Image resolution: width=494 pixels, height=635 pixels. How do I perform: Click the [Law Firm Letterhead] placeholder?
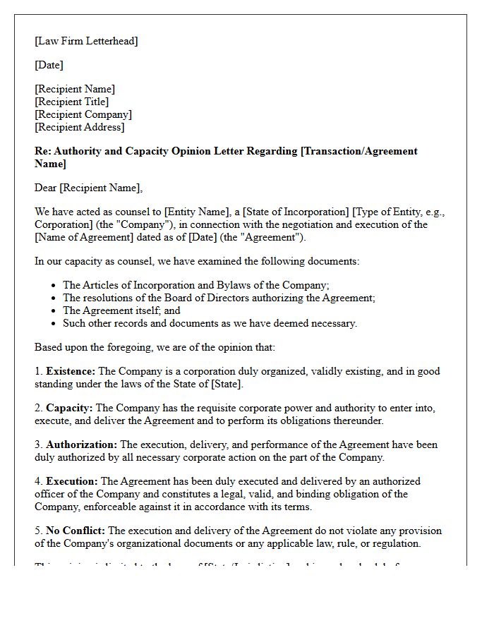pos(86,41)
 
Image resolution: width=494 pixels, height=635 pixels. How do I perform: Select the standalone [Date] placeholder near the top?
pos(49,65)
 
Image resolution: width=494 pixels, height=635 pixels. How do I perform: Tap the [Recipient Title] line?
pos(71,102)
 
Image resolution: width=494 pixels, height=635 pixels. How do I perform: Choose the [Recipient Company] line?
pos(83,114)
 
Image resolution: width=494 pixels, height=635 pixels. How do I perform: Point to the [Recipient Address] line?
pos(79,127)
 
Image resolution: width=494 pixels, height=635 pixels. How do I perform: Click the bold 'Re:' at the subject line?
pos(43,151)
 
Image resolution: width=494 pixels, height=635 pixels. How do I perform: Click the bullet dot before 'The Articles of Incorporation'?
pos(54,286)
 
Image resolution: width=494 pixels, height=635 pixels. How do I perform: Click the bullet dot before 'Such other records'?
pos(54,324)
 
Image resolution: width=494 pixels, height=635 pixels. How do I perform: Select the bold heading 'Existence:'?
pos(71,371)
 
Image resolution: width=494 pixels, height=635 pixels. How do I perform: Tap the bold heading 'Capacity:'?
pos(69,408)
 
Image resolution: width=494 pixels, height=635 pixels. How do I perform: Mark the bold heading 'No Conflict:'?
pos(76,531)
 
